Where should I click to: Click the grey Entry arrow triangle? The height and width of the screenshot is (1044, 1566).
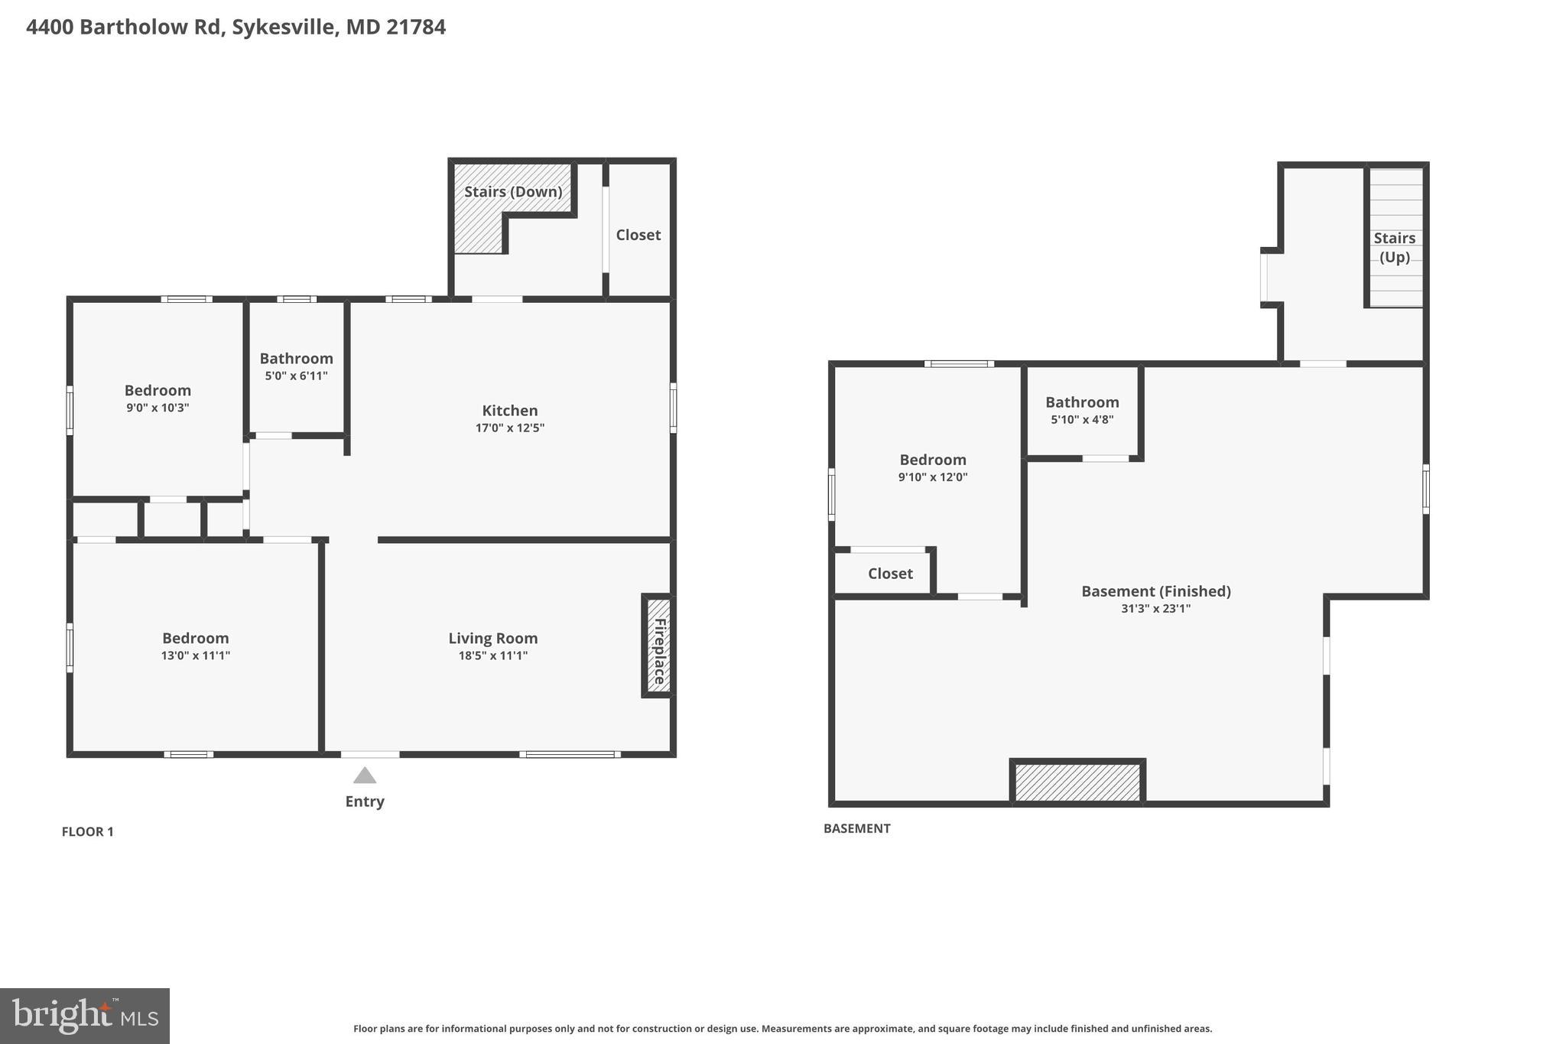(365, 776)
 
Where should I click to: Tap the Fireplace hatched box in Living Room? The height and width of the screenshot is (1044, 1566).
(658, 646)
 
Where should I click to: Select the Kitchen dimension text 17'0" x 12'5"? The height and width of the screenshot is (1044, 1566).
(510, 428)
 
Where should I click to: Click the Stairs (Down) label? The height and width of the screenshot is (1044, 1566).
(513, 191)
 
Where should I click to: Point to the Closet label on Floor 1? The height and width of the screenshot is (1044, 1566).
(638, 235)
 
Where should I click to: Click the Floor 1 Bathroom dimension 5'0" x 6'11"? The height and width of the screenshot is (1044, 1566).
(296, 376)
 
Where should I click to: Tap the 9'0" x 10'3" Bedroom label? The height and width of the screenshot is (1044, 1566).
(158, 391)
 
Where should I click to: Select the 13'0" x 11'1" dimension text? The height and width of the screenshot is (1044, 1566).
(195, 655)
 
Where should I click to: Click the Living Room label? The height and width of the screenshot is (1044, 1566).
(492, 638)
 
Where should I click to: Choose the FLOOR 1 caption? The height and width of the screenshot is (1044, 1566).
(87, 831)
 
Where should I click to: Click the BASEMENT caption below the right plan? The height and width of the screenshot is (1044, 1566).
(856, 828)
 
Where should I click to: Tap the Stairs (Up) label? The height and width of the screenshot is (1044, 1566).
(1394, 247)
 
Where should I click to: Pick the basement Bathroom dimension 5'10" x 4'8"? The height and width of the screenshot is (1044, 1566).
(1081, 419)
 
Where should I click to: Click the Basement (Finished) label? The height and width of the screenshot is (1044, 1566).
(1155, 591)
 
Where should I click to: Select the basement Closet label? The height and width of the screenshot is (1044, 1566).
(890, 574)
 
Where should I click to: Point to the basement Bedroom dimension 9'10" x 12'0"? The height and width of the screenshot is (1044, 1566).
(932, 477)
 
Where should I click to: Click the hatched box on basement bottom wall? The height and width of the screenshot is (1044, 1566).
(1077, 782)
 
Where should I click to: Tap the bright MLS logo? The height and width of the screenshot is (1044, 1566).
(85, 1016)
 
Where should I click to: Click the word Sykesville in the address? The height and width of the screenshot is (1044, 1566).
(282, 28)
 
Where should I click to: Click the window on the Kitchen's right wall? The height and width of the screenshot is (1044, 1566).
(673, 407)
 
